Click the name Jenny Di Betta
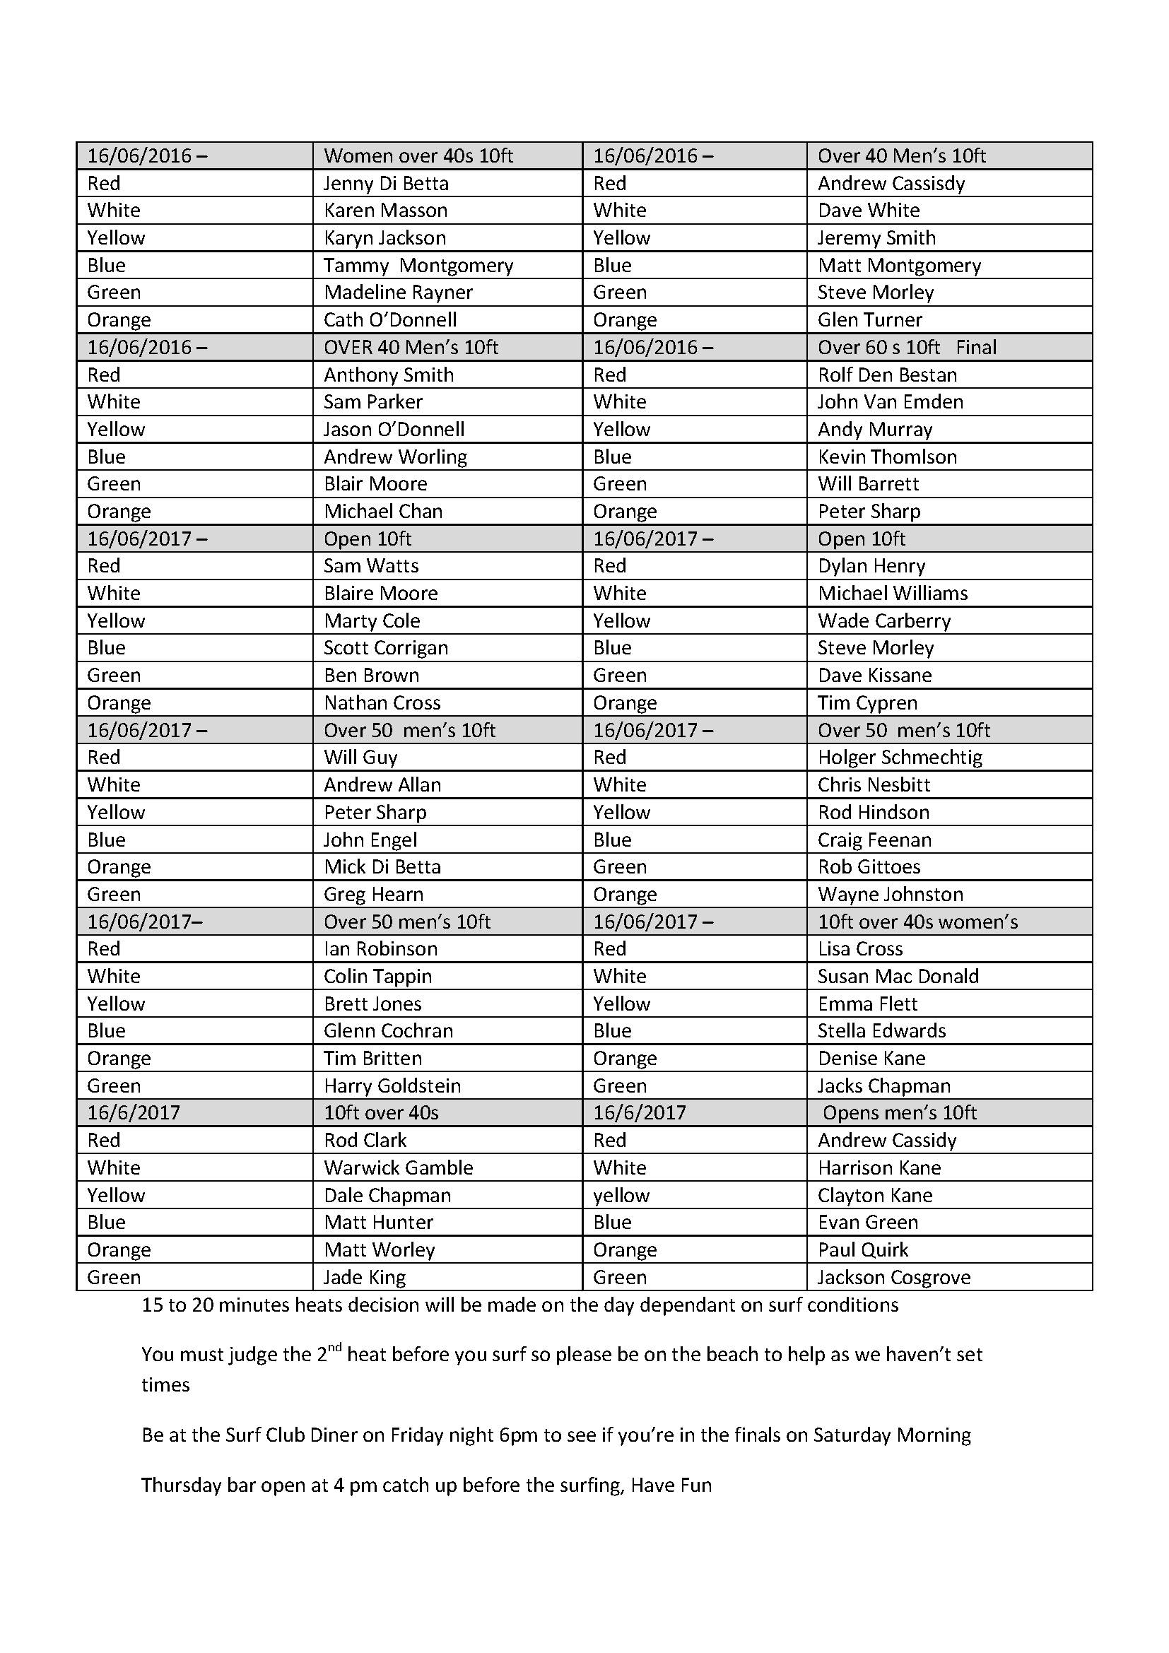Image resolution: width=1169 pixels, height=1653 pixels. pos(386,184)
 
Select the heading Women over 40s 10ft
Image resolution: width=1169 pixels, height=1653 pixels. pos(418,156)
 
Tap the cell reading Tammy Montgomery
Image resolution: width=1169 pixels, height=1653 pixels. pos(418,266)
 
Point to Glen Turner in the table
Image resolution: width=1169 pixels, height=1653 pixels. pos(869,319)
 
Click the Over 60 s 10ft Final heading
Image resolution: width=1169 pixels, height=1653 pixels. pos(906,348)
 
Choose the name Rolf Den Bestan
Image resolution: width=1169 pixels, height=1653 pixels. pos(887,375)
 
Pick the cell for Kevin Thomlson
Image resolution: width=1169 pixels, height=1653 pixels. pos(887,457)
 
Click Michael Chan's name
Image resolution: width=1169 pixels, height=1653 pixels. pos(383,512)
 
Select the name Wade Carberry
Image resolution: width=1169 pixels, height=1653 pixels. pos(884,620)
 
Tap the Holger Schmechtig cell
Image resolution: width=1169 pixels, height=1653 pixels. pos(900,758)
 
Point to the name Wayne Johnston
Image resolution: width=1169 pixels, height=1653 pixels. pos(890,894)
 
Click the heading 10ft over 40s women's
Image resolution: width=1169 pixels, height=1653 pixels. pos(917,922)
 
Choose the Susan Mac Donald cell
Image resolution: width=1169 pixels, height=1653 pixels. pos(898,976)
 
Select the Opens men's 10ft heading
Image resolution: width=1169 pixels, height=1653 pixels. pos(899,1113)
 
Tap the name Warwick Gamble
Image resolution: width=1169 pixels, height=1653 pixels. pos(398,1167)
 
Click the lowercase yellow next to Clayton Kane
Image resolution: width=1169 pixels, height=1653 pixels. pos(621,1196)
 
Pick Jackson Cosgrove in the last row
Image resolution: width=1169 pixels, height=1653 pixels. pos(893,1278)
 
